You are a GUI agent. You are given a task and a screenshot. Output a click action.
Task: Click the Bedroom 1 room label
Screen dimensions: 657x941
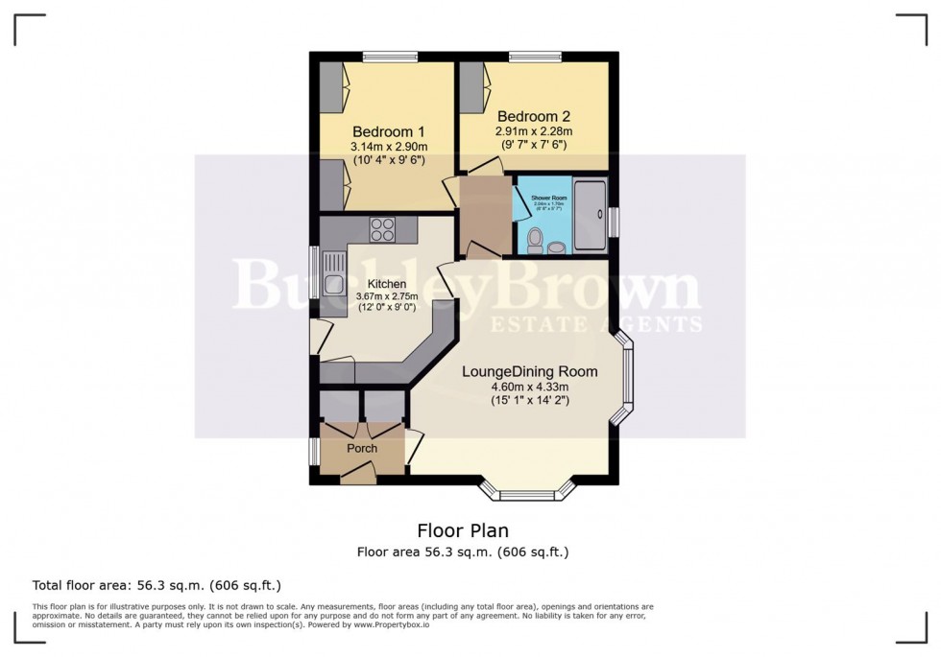[388, 131]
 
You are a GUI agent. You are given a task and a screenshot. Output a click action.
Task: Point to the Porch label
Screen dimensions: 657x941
[362, 449]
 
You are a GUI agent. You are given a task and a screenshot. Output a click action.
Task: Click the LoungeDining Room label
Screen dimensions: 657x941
[529, 371]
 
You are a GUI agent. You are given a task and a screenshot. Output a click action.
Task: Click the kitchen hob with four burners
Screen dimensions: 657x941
[382, 230]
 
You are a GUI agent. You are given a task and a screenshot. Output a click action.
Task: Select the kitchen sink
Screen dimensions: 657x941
[334, 283]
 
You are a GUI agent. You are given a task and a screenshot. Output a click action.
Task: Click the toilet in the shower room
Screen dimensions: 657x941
[535, 238]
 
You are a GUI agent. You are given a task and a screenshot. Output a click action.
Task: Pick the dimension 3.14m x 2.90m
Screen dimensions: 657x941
[388, 147]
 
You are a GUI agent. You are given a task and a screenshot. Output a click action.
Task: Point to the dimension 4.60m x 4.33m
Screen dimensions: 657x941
[529, 387]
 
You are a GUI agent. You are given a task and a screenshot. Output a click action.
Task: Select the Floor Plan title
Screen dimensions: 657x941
[463, 530]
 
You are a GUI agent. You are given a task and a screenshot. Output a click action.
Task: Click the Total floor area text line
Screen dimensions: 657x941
[157, 585]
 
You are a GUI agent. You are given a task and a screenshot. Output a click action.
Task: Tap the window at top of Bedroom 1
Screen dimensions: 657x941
[390, 57]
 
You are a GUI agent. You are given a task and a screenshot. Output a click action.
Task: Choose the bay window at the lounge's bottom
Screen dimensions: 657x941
[527, 494]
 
